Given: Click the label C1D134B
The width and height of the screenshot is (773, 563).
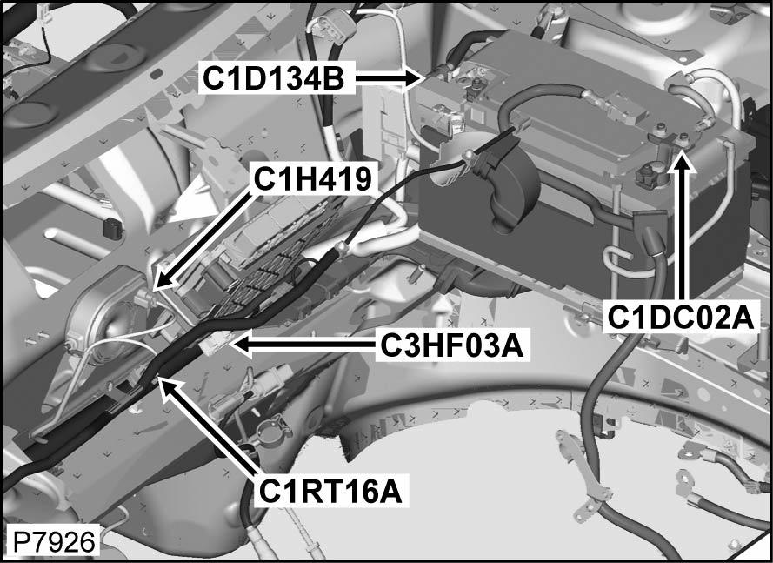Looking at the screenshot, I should point(275,77).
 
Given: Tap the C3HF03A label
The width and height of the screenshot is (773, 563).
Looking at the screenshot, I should point(451,346).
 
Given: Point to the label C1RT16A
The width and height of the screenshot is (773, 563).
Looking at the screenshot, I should point(330,492).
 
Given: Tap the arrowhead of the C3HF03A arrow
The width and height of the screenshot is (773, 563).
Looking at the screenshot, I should point(240,345).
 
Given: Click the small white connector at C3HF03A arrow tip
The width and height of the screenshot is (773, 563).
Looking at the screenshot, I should point(216,344).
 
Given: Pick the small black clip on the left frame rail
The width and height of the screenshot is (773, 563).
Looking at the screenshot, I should point(110,230).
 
